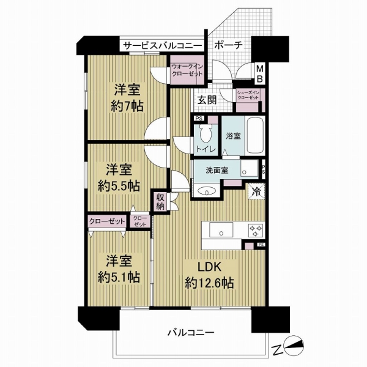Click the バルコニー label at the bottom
click(190, 333)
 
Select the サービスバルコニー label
click(161, 45)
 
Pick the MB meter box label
click(259, 75)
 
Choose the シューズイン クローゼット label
click(250, 96)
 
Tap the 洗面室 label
click(212, 170)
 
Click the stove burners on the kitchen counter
click(254, 230)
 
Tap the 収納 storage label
click(160, 201)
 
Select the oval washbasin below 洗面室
click(209, 191)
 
